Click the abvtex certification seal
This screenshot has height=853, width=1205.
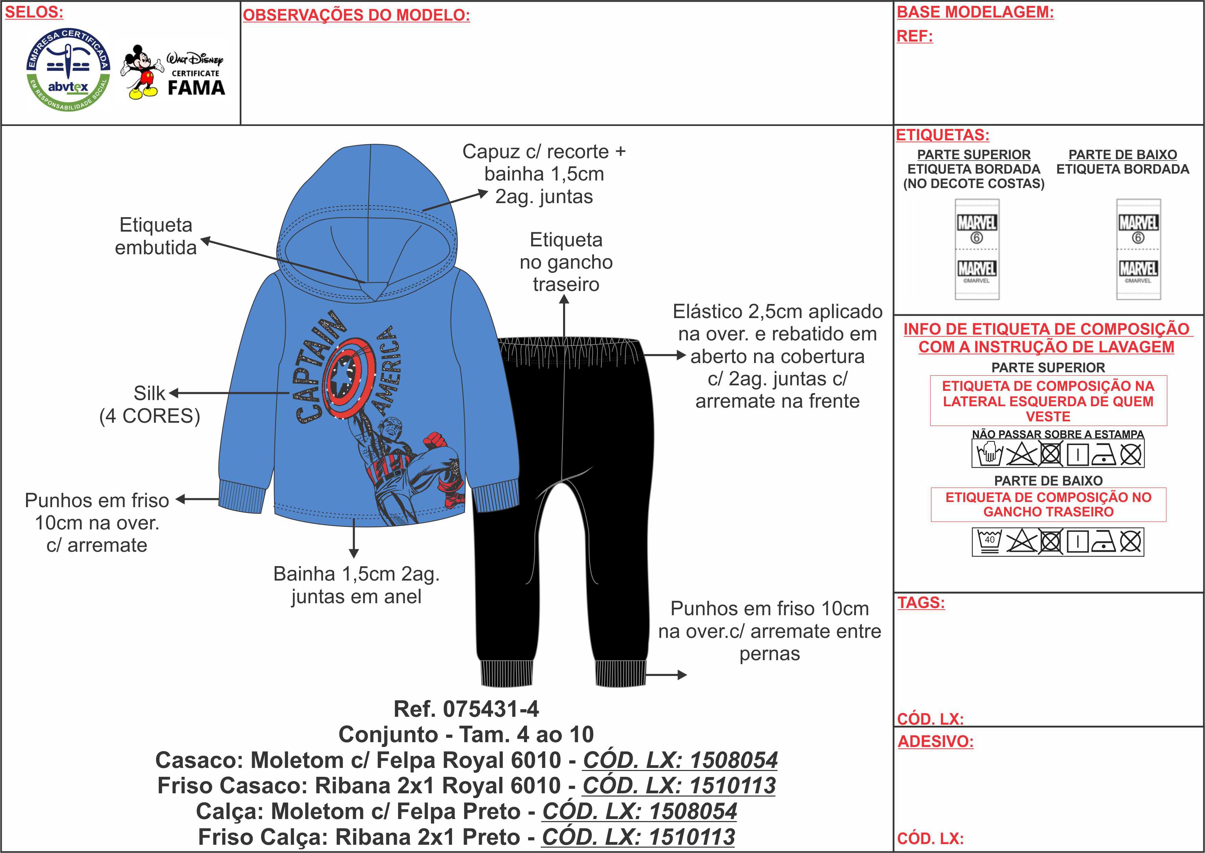tap(68, 69)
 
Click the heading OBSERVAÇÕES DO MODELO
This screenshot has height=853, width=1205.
tap(356, 15)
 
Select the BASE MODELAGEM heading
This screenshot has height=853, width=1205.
tap(975, 12)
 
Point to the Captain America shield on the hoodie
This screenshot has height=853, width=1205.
tap(349, 377)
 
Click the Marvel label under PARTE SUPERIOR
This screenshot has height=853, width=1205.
tap(977, 249)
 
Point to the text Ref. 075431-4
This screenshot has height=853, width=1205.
tap(466, 709)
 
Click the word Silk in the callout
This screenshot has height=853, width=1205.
tap(149, 393)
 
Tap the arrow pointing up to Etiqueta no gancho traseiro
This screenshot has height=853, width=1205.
tap(564, 315)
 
